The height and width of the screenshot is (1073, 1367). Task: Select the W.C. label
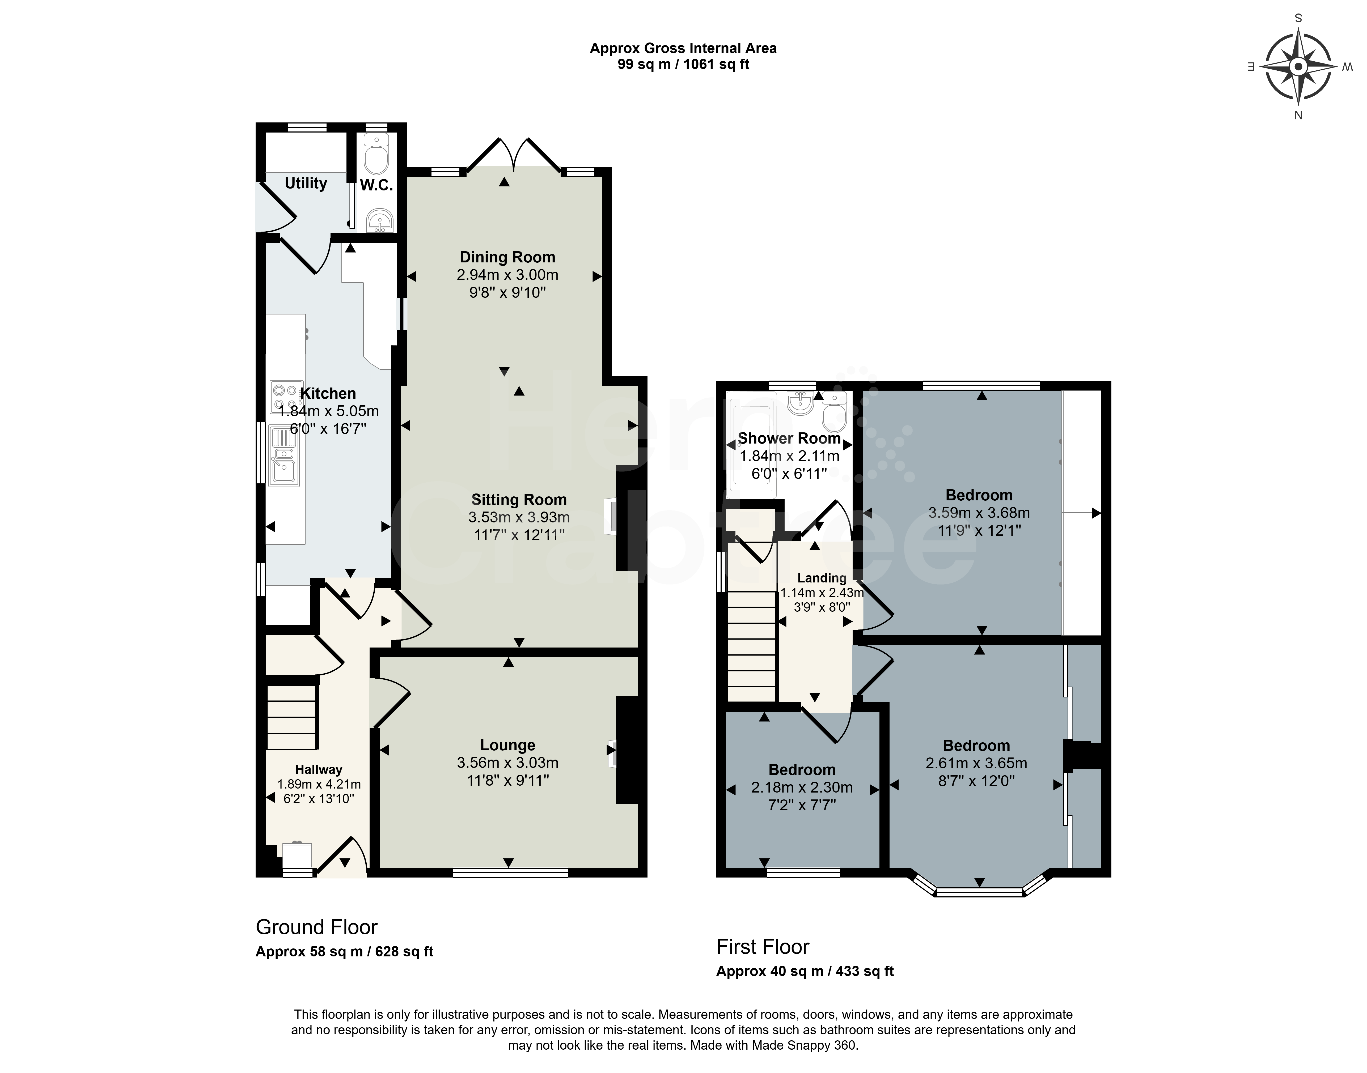pos(376,185)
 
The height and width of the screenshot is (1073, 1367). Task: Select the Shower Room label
pos(789,438)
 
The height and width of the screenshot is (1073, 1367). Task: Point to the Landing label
pos(822,578)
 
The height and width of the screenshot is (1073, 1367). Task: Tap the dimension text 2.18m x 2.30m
pos(802,787)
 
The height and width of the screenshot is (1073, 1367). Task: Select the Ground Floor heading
pos(317,927)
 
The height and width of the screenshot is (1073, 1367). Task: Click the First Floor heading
pos(763,947)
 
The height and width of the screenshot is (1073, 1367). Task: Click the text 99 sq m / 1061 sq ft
pos(683,64)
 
